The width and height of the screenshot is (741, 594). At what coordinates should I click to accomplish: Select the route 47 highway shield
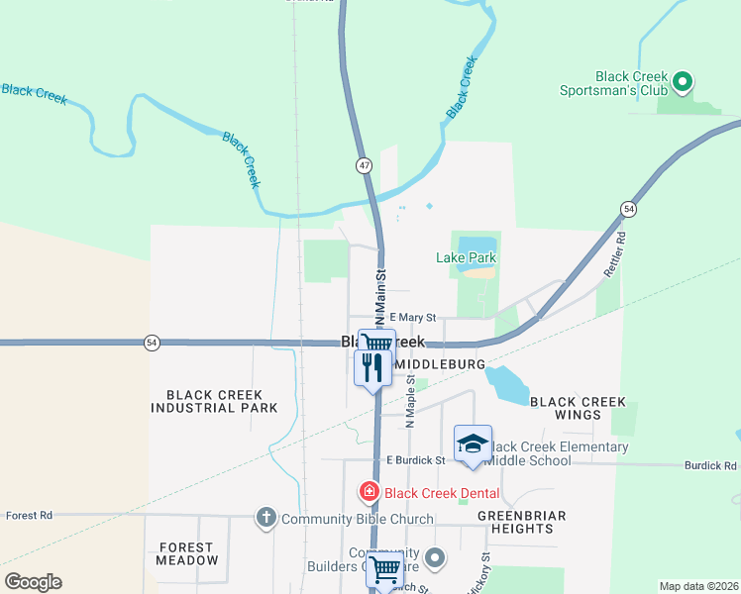click(x=365, y=165)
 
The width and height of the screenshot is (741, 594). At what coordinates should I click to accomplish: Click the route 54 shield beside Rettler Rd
click(x=629, y=209)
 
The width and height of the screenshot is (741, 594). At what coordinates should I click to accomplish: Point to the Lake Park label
click(x=466, y=258)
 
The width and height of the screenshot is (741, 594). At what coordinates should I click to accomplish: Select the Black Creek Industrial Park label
click(x=215, y=401)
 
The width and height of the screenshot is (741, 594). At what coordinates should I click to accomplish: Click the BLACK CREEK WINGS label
click(x=579, y=408)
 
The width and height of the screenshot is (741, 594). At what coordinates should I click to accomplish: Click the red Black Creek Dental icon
click(x=370, y=490)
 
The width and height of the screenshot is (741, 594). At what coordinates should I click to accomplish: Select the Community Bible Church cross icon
click(x=265, y=518)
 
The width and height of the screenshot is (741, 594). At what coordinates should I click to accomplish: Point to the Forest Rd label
click(x=28, y=516)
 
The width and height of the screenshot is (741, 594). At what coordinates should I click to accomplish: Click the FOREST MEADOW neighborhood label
click(x=186, y=553)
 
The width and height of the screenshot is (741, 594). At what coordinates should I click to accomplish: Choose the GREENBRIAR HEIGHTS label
click(x=522, y=522)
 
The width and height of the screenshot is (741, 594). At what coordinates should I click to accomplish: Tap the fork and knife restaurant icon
click(x=372, y=368)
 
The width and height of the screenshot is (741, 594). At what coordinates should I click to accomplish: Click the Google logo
click(x=32, y=582)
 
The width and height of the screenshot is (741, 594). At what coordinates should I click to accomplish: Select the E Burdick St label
click(x=417, y=460)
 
